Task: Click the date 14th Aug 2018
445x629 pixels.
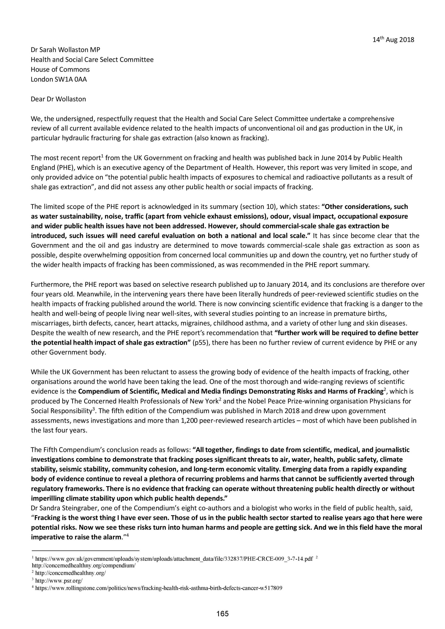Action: point(393,40)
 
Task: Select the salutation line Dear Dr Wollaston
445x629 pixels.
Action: point(58,99)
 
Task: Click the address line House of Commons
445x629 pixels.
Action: point(60,69)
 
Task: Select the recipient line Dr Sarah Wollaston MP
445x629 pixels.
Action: point(65,50)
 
